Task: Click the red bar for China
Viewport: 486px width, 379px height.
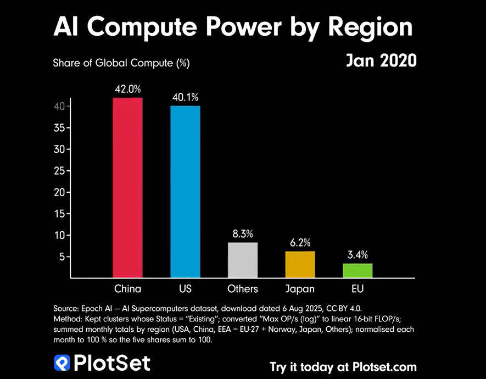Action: [x=128, y=188]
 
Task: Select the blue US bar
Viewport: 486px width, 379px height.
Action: [x=185, y=192]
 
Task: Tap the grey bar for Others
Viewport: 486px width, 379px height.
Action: [x=242, y=260]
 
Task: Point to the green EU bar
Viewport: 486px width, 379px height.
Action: [x=357, y=271]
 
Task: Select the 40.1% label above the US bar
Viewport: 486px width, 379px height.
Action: [x=185, y=97]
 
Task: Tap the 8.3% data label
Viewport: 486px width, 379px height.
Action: [x=242, y=234]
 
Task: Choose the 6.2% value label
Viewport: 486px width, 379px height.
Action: [x=300, y=242]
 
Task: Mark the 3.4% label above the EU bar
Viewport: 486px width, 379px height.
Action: [x=357, y=254]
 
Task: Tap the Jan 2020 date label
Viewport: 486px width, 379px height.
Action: [x=381, y=60]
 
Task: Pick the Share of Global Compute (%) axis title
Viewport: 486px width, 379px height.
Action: [x=121, y=63]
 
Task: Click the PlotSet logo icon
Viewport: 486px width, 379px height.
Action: [x=61, y=363]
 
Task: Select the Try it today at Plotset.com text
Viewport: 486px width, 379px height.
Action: [x=343, y=366]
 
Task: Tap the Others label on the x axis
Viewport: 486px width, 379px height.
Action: [x=242, y=289]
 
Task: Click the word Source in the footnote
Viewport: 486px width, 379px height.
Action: [x=65, y=309]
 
